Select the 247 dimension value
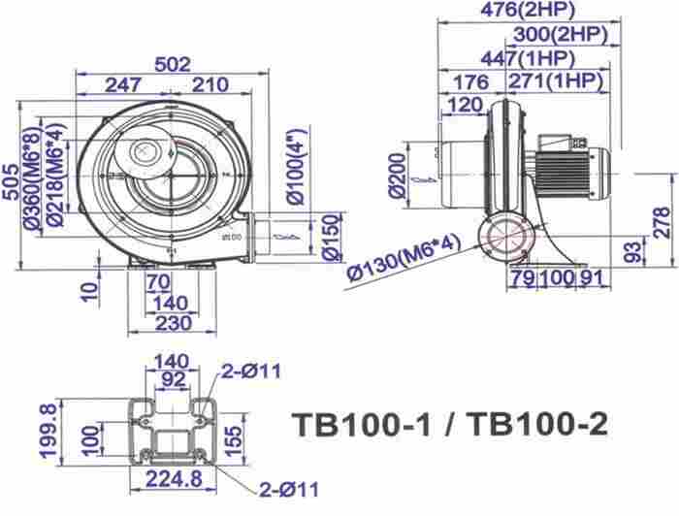point(124,85)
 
